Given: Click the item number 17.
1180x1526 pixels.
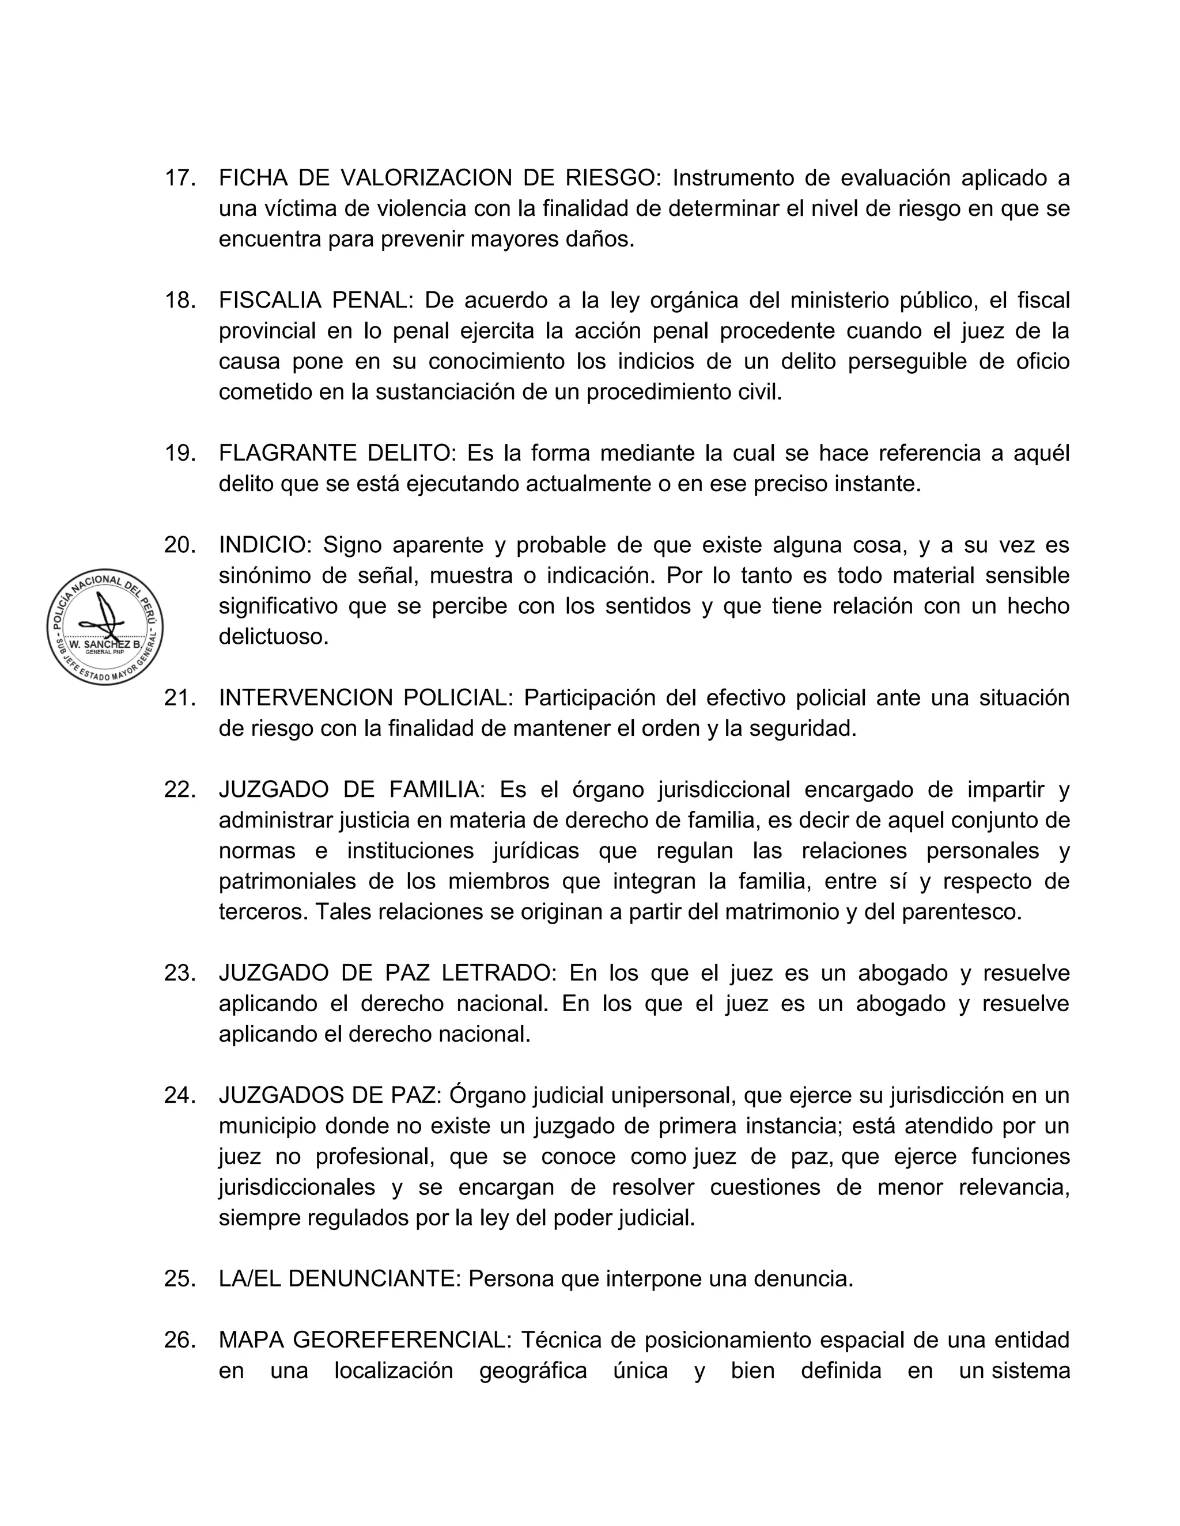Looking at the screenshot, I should click(179, 178).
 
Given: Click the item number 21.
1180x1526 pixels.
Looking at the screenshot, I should click(179, 698).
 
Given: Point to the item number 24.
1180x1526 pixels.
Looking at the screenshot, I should click(179, 1096).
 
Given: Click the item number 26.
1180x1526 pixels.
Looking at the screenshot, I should click(179, 1340).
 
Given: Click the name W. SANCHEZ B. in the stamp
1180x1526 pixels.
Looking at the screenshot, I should click(105, 644).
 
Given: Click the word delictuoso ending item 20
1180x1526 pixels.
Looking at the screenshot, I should click(273, 636).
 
